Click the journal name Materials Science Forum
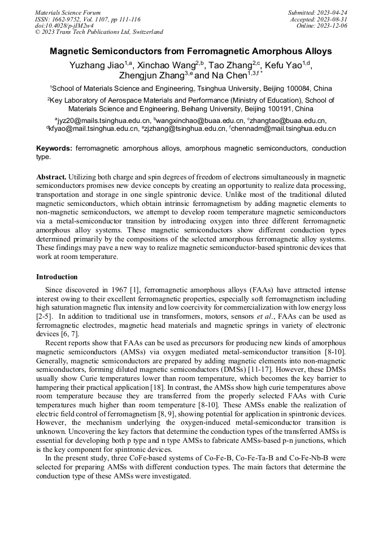tap(68, 12)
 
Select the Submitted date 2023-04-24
tap(332, 12)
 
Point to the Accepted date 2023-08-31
tap(332, 19)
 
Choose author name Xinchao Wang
tap(169, 65)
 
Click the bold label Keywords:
tap(54, 148)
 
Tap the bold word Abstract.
tap(53, 177)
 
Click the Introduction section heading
tap(57, 277)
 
